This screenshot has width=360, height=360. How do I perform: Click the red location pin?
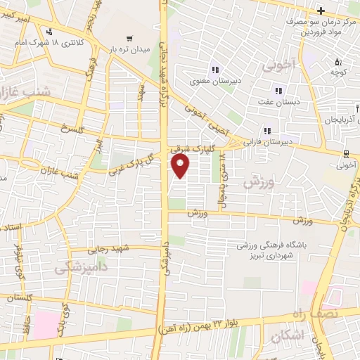tap(181, 166)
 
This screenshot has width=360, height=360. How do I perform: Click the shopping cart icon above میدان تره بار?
tap(128, 39)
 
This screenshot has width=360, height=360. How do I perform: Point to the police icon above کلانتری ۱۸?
tap(49, 32)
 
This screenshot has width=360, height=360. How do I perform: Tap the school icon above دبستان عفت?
tap(279, 91)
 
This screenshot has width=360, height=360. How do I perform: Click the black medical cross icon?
tap(321, 11)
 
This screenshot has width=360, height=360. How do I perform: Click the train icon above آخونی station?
tap(347, 153)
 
